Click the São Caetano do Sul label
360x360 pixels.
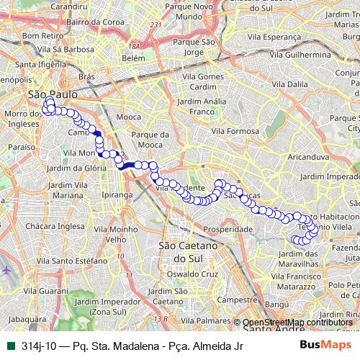(186, 252)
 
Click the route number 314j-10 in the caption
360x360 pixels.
(37, 346)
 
